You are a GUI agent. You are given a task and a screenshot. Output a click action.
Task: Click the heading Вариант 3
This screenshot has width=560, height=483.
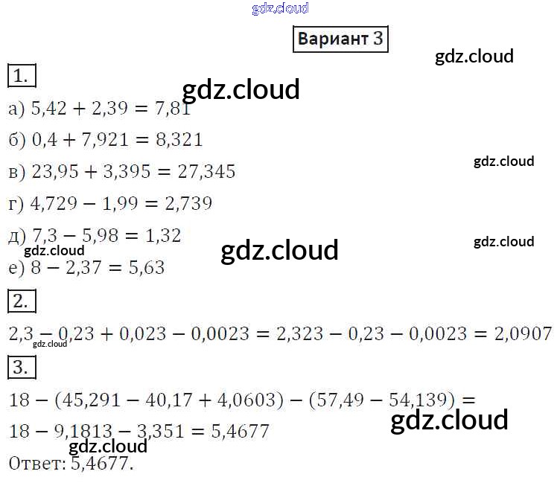tap(340, 39)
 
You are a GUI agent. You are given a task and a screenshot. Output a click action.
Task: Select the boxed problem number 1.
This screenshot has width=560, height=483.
tap(22, 75)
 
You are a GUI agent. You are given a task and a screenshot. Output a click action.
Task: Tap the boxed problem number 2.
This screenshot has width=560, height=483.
tap(22, 301)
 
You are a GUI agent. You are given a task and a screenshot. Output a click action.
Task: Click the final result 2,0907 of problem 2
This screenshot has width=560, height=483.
tap(523, 334)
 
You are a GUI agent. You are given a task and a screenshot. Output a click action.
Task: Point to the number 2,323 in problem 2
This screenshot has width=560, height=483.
tap(299, 334)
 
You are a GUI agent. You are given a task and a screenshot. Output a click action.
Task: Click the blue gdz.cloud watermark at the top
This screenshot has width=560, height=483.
tap(280, 9)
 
